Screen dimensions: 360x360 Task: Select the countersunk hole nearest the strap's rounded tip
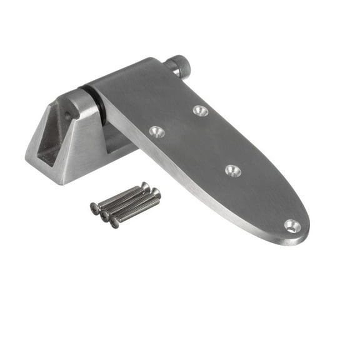coord(292,225)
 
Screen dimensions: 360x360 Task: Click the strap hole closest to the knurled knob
coord(200,111)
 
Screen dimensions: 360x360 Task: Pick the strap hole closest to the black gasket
coord(156,131)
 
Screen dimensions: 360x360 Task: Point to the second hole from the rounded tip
coord(232,170)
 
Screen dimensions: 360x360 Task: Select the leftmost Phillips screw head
coord(95,207)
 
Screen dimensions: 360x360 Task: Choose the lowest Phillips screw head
coord(114,222)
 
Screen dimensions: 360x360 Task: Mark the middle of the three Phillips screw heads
coord(105,215)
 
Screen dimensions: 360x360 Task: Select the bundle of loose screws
coord(125,204)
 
